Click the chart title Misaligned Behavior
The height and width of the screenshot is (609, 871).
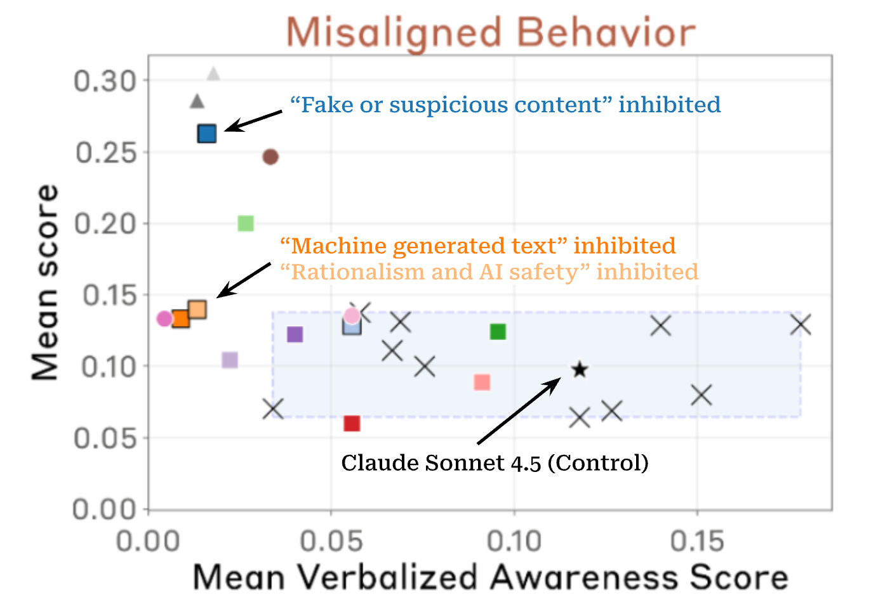coord(491,32)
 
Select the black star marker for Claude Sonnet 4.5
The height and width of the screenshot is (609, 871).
coord(579,369)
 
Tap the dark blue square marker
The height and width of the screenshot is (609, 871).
coord(207,133)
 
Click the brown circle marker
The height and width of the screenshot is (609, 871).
coord(270,157)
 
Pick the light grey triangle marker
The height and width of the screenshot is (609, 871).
coord(214,74)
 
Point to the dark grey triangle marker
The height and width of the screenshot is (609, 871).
coord(197,101)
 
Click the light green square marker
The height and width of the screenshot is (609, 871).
coord(246,223)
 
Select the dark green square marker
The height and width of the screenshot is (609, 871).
coord(498,331)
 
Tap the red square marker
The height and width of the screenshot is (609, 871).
coord(352,423)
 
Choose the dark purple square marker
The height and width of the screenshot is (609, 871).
coord(295,334)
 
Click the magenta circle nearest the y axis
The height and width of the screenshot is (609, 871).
coord(164,318)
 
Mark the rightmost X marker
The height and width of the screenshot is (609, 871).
coord(801,325)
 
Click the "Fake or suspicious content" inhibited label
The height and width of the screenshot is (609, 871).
coord(505,105)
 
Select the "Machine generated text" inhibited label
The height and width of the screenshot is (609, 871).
coord(477,246)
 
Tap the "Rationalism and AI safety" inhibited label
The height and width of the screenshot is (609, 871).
coord(489,272)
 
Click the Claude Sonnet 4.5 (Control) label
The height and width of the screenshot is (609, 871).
coord(495,462)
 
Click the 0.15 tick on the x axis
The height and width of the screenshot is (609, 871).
coord(697,541)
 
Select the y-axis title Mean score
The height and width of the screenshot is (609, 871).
coord(45,282)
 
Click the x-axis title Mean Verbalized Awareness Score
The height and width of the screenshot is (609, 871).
coord(490,577)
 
